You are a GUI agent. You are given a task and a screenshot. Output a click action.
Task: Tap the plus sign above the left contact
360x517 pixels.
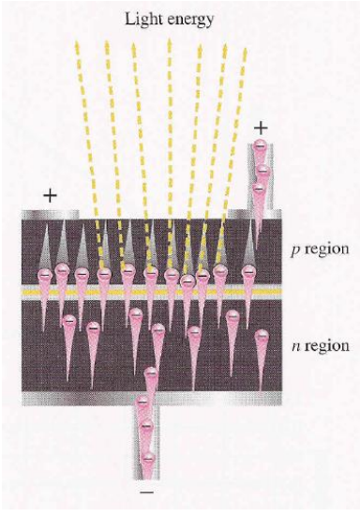pyautogui.click(x=50, y=196)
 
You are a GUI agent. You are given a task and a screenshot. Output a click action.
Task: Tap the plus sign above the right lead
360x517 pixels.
pyautogui.click(x=261, y=129)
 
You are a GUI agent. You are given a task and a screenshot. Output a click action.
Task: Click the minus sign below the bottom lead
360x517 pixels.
pyautogui.click(x=147, y=493)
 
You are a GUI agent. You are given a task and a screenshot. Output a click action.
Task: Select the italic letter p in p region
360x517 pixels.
pyautogui.click(x=295, y=250)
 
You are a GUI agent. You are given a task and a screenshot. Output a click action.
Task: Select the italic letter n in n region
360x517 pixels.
pyautogui.click(x=296, y=346)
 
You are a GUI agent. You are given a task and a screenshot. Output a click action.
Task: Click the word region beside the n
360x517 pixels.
pyautogui.click(x=327, y=346)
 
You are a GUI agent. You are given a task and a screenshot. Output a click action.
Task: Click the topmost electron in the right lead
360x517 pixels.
pyautogui.click(x=260, y=145)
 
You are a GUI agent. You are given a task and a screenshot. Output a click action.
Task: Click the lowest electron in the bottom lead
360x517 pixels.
pyautogui.click(x=148, y=459)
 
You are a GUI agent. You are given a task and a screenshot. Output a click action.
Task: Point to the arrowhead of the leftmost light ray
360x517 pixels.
pyautogui.click(x=77, y=46)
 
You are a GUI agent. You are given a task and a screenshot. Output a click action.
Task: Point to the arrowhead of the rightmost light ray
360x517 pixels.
pyautogui.click(x=245, y=53)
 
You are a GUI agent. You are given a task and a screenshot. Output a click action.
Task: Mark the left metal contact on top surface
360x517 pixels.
pyautogui.click(x=50, y=214)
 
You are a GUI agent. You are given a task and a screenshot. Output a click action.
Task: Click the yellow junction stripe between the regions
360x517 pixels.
pyautogui.click(x=152, y=292)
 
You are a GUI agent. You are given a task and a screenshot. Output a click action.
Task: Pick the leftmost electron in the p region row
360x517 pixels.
pyautogui.click(x=45, y=276)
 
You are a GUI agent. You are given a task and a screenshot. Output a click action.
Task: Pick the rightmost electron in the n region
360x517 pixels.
pyautogui.click(x=262, y=337)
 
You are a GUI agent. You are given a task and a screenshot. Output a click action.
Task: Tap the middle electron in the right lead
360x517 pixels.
pyautogui.click(x=262, y=171)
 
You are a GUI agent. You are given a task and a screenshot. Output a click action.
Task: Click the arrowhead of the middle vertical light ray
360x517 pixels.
pyautogui.click(x=170, y=44)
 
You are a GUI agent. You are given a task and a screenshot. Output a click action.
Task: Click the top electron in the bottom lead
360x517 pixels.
pyautogui.click(x=151, y=373)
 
